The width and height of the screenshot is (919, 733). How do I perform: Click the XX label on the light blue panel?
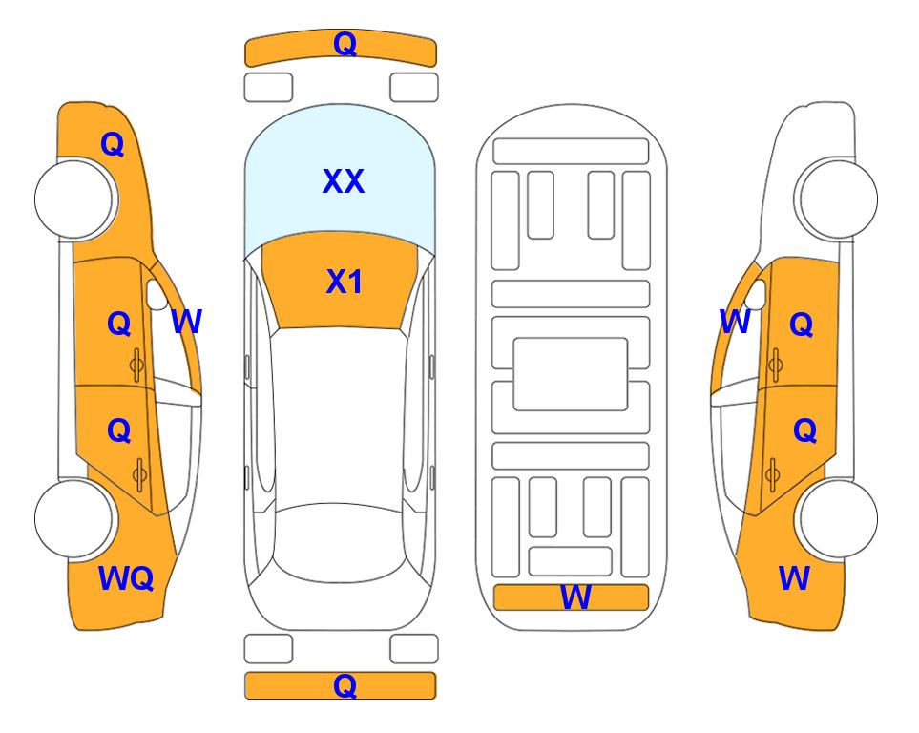pos(344,181)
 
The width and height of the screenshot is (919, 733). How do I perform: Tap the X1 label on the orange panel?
pos(345,282)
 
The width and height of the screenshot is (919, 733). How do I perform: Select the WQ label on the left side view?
pos(126,578)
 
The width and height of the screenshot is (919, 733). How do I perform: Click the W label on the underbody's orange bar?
pos(575,597)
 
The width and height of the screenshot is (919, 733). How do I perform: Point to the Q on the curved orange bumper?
pos(345,44)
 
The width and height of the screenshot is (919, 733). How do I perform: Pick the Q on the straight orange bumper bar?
pos(345,685)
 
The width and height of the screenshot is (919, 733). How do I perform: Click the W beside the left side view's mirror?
pos(186,322)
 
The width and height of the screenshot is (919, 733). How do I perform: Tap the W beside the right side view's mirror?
pos(735,322)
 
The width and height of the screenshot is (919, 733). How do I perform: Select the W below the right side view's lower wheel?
pos(794,578)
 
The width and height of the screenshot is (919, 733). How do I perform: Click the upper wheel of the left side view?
pos(74,199)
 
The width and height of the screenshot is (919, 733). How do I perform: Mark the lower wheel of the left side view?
pos(74,518)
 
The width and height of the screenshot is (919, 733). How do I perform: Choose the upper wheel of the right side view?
pos(838,199)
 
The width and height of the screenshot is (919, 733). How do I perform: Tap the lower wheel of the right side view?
pos(838,518)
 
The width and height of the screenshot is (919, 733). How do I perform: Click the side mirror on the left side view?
pos(157,295)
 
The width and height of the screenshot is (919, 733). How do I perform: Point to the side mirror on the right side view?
pos(756,295)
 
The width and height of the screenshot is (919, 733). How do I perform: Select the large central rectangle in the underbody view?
pos(571,374)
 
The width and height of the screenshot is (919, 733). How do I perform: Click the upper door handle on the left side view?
pos(137,366)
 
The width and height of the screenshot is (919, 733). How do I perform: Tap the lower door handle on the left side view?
pos(139,475)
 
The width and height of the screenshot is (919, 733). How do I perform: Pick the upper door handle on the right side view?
pos(776,366)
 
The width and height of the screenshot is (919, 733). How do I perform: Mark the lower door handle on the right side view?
pos(772,475)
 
